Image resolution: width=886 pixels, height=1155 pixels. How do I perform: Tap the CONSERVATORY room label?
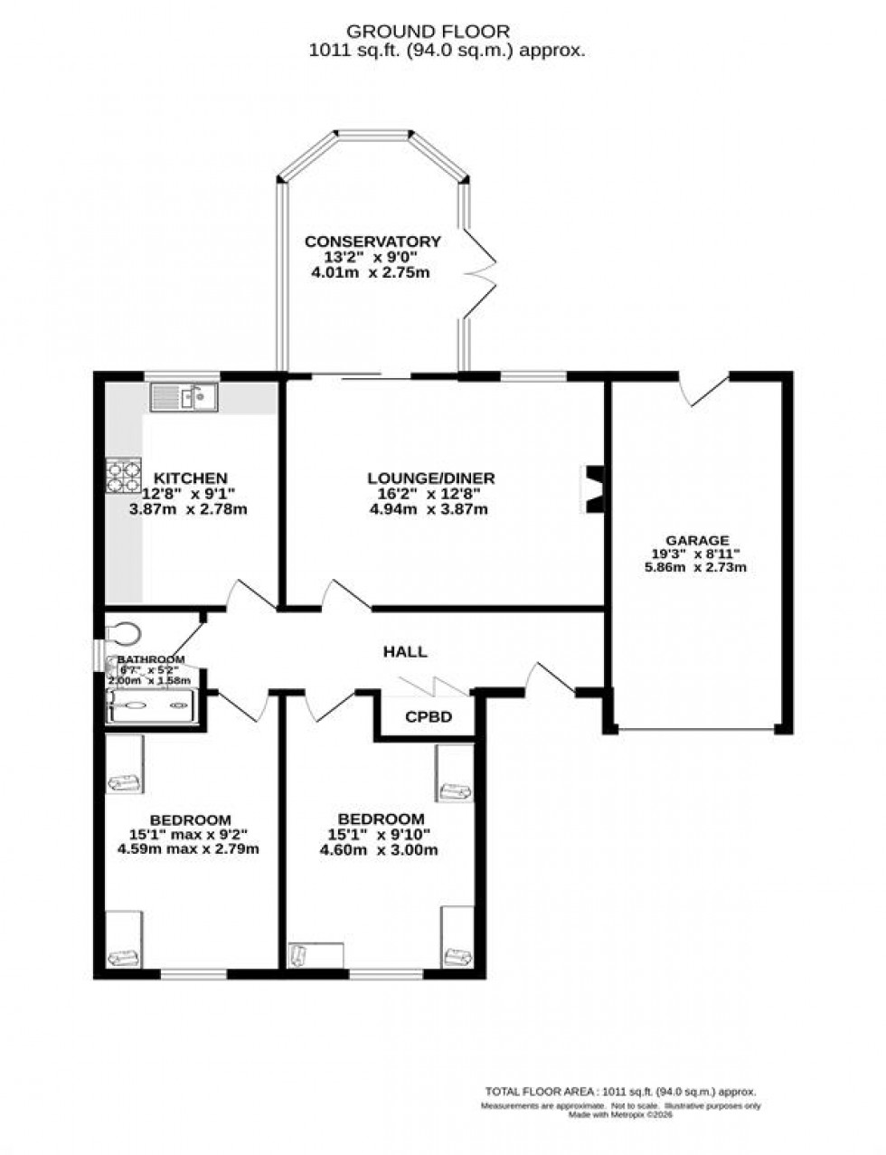372,241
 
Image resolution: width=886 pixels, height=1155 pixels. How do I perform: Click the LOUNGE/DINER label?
430,478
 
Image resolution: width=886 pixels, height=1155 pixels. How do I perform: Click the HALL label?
404,651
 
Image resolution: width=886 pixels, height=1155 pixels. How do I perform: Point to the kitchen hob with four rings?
124,475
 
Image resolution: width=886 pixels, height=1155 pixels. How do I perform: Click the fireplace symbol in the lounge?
595,489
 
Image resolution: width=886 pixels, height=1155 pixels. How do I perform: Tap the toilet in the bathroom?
123,628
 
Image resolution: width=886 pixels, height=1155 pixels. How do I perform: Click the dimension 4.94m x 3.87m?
430,509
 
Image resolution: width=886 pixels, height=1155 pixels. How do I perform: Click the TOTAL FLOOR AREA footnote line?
620,1092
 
